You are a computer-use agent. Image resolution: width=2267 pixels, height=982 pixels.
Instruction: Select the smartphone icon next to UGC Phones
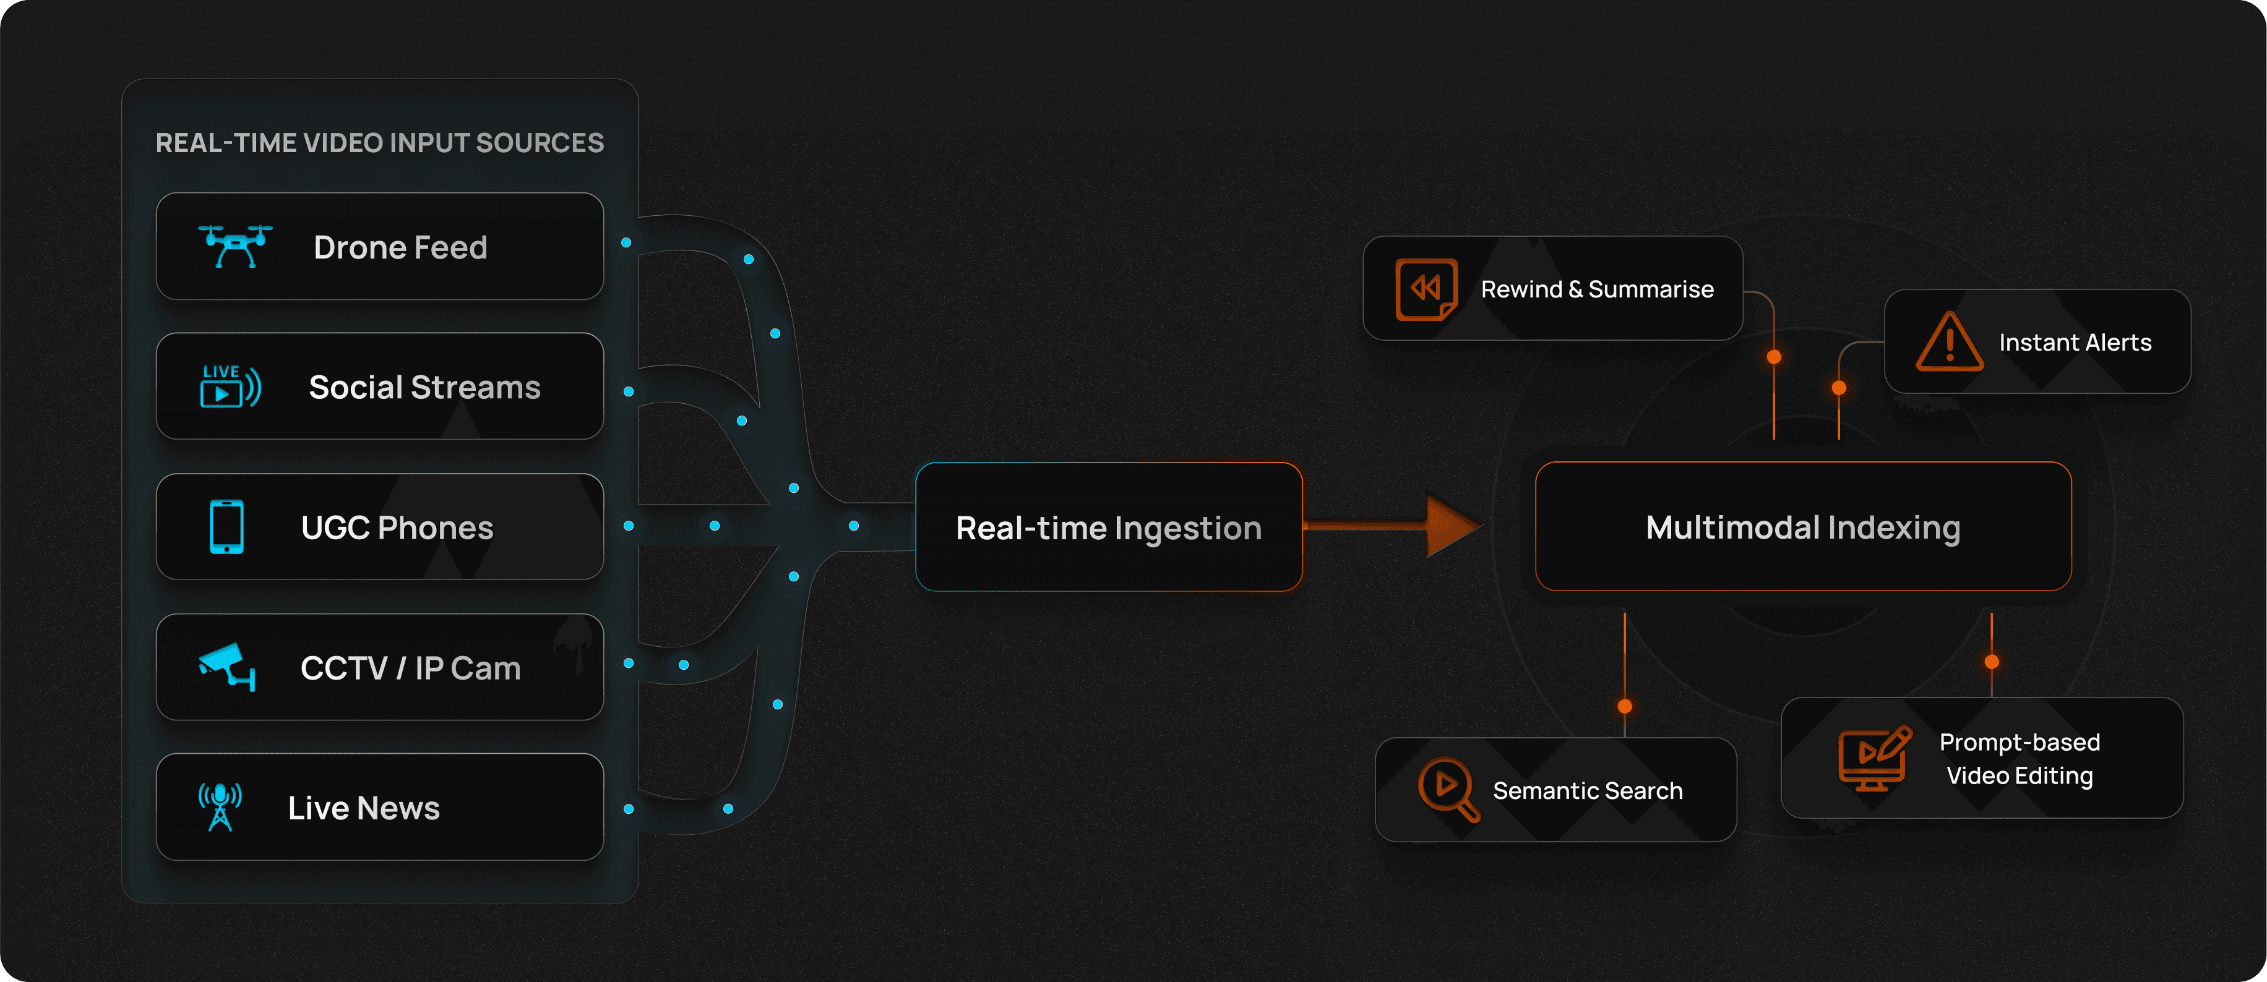point(226,526)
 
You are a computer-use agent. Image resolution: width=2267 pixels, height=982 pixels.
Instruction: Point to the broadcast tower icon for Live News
point(220,806)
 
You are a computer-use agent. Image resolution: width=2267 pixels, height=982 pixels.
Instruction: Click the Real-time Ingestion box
point(1108,527)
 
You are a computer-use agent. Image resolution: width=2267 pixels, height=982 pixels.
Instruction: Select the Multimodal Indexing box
point(1802,526)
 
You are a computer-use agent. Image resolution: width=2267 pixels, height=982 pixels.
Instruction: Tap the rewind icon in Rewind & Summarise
point(1426,289)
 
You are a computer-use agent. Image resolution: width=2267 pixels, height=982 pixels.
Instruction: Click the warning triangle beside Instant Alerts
point(1950,343)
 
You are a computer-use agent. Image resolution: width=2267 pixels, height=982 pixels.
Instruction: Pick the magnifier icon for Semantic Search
point(1448,788)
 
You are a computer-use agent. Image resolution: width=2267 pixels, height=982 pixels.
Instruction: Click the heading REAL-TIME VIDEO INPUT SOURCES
point(379,143)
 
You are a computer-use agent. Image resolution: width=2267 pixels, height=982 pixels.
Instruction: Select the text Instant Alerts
point(2075,343)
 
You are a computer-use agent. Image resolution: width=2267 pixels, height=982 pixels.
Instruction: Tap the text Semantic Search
point(1587,790)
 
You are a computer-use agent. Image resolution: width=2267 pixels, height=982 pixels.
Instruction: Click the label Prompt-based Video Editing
point(2019,759)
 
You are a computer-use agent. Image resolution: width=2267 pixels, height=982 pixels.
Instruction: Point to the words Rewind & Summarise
point(1596,289)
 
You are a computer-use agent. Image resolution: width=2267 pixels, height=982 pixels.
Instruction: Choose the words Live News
point(363,808)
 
